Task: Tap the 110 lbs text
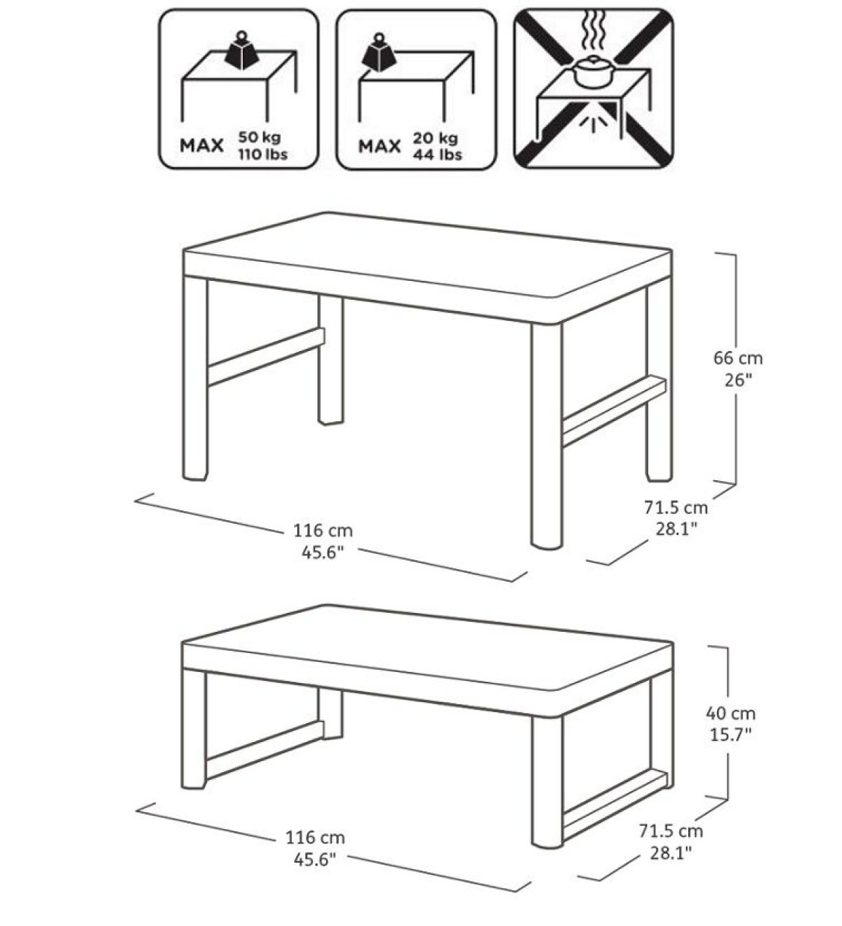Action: [x=264, y=154]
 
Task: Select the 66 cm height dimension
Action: [x=737, y=358]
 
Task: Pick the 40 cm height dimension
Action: [x=730, y=713]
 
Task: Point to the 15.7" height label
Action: [x=730, y=734]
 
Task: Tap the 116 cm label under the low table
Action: [x=315, y=838]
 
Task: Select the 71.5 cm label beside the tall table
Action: [x=676, y=506]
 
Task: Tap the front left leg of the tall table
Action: [x=195, y=379]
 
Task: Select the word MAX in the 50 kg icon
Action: [x=202, y=146]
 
